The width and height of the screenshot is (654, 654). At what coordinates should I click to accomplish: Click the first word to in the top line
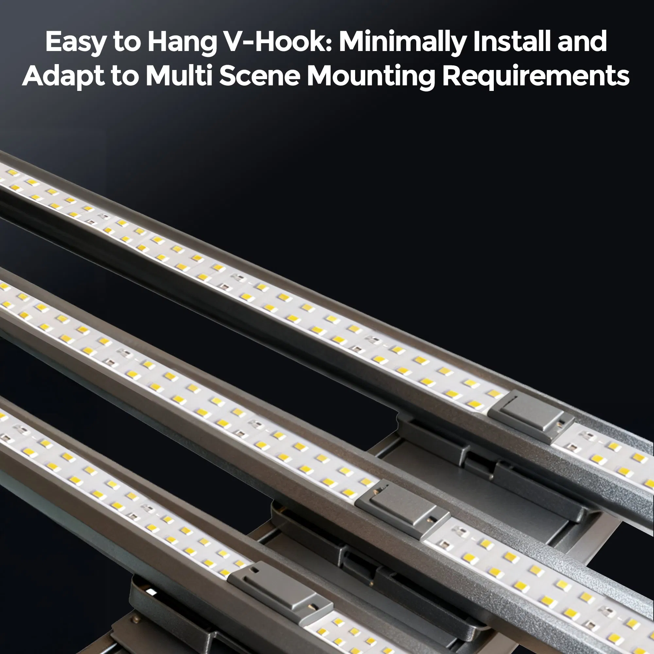127,42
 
